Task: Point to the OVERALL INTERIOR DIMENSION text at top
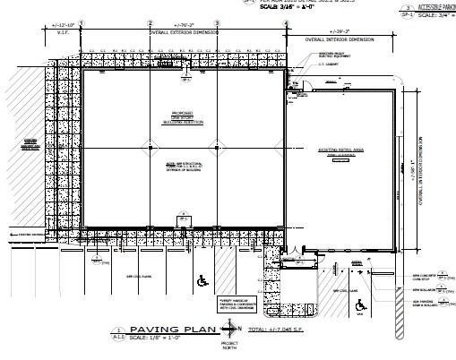click(342, 39)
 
